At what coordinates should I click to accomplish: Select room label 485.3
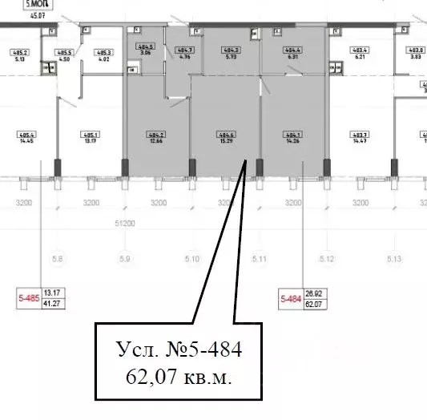tap(104, 55)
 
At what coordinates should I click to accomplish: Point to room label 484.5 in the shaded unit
tap(146, 50)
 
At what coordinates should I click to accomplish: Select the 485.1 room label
tap(91, 136)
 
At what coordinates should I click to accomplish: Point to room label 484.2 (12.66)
tap(156, 136)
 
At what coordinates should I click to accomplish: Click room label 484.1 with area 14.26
tap(293, 136)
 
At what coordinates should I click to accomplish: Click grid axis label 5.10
tap(191, 259)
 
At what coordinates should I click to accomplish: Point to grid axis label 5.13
tap(393, 259)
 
